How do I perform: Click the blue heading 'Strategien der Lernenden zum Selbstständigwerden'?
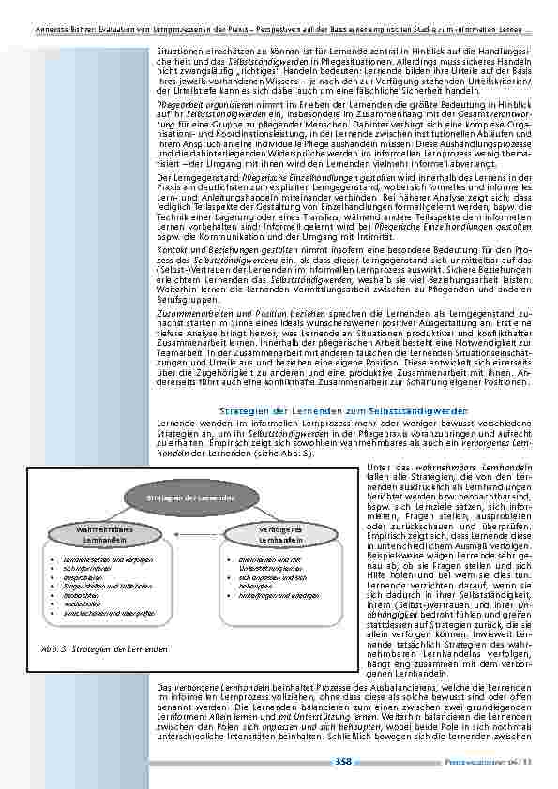342,410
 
